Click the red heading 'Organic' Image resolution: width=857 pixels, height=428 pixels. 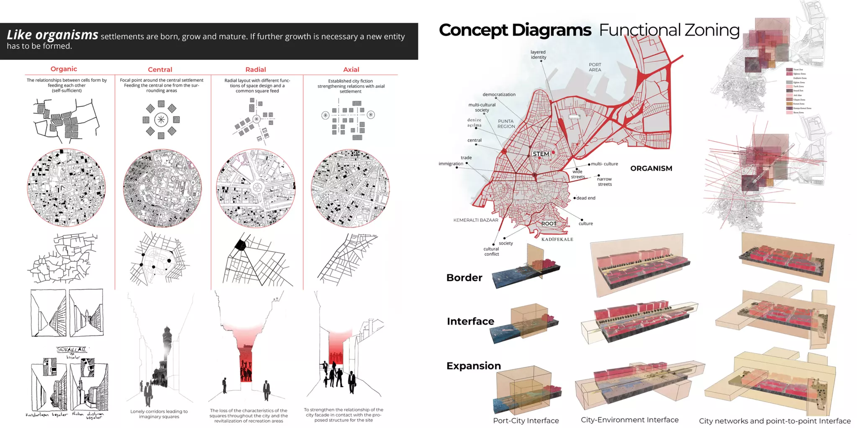coord(64,69)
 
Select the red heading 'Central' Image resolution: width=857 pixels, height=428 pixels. coord(160,69)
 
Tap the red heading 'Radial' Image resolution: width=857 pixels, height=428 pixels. coord(255,69)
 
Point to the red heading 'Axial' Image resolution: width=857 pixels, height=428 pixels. coord(351,69)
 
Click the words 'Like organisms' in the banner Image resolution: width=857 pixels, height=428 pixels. coord(52,35)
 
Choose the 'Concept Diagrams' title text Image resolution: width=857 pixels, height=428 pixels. coord(515,30)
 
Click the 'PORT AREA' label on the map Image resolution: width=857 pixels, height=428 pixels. coord(595,67)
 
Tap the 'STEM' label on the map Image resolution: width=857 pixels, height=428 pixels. coord(541,154)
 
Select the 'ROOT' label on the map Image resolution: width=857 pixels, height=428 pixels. coord(549,224)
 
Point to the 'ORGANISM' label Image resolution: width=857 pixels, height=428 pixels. coord(651,168)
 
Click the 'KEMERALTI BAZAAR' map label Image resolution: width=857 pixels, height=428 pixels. coord(476,220)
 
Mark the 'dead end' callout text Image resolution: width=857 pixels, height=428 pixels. coord(585,198)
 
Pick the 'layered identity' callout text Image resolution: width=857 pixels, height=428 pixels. coord(538,55)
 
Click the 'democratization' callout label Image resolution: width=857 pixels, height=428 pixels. coord(499,94)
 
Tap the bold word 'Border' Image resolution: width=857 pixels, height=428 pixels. coord(464,278)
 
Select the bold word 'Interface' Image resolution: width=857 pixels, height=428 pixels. coord(470,321)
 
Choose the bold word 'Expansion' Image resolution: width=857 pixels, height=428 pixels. coord(473,366)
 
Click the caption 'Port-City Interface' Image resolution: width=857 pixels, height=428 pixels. coord(526,420)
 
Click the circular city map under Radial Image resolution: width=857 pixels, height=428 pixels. coord(256,188)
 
